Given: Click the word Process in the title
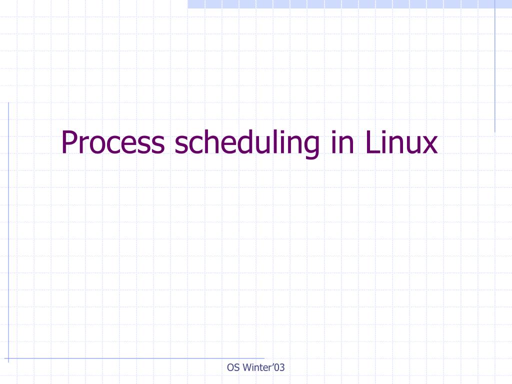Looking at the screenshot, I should tap(112, 142).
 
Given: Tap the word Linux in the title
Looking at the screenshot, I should tap(401, 142).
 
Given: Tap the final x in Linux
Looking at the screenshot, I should tap(429, 145).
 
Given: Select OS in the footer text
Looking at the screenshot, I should tap(233, 368).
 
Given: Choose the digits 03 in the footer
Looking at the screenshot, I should tap(279, 368).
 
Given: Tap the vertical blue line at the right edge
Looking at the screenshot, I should tap(495, 65).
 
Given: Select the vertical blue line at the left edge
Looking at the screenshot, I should tap(8, 225).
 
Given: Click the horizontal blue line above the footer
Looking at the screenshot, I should tap(135, 358).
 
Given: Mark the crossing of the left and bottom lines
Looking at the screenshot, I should tap(8, 358).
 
